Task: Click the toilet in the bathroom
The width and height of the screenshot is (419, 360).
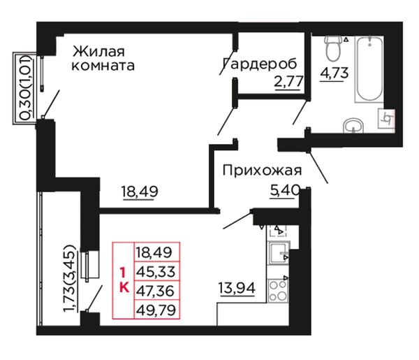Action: tap(333, 48)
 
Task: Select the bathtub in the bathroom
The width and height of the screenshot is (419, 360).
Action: tap(369, 69)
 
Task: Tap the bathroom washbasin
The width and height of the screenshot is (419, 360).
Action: tap(353, 126)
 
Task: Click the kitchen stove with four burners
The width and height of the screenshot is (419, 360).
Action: tap(278, 291)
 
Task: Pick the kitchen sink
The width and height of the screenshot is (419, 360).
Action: tap(279, 252)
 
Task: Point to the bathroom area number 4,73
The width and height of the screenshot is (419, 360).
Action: tap(335, 73)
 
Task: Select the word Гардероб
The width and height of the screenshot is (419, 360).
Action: tap(260, 64)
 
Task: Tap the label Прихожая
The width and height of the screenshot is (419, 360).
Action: tap(262, 171)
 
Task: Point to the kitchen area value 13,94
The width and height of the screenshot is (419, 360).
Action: tap(237, 288)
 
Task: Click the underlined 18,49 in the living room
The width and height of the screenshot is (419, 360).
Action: tap(140, 192)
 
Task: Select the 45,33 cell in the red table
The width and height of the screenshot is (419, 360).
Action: tap(156, 271)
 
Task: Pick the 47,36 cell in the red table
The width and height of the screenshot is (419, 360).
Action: tap(156, 291)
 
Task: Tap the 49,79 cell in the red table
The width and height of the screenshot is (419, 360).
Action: tap(156, 310)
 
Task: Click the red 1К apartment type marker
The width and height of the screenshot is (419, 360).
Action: tap(124, 280)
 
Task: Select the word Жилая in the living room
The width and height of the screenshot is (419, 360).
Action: tap(98, 51)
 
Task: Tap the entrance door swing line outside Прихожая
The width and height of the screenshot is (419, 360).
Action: tap(318, 168)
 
